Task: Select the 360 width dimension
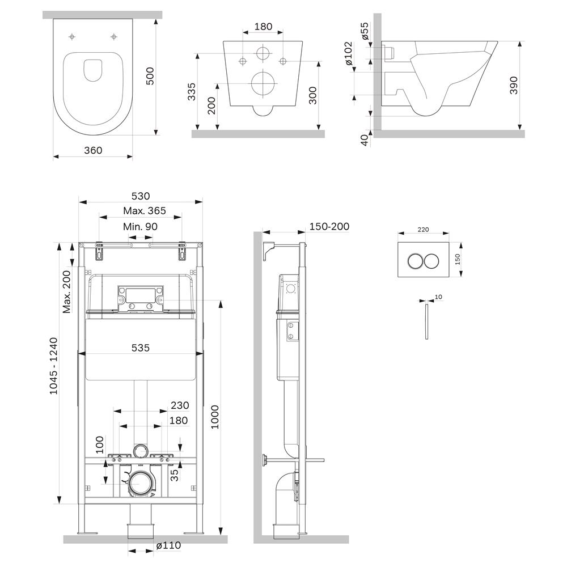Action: [x=93, y=150]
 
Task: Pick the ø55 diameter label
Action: [x=365, y=31]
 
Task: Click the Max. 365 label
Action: [x=145, y=211]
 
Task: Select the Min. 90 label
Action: [x=140, y=226]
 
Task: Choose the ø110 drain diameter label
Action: [x=168, y=545]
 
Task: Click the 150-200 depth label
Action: [x=329, y=227]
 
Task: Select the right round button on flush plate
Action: [x=431, y=261]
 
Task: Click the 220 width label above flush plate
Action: [x=423, y=230]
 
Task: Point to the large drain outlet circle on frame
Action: [x=139, y=484]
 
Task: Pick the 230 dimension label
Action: [x=179, y=405]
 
